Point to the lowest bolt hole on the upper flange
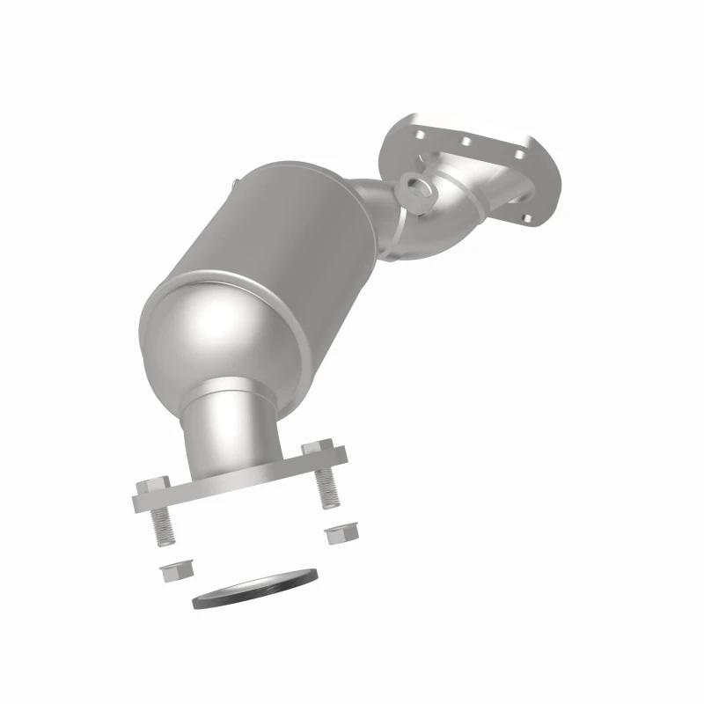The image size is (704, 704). (x=524, y=216)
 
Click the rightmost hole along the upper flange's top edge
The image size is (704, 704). (x=518, y=156)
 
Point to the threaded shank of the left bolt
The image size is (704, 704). (x=163, y=525)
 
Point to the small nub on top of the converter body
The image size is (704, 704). (x=235, y=183)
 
